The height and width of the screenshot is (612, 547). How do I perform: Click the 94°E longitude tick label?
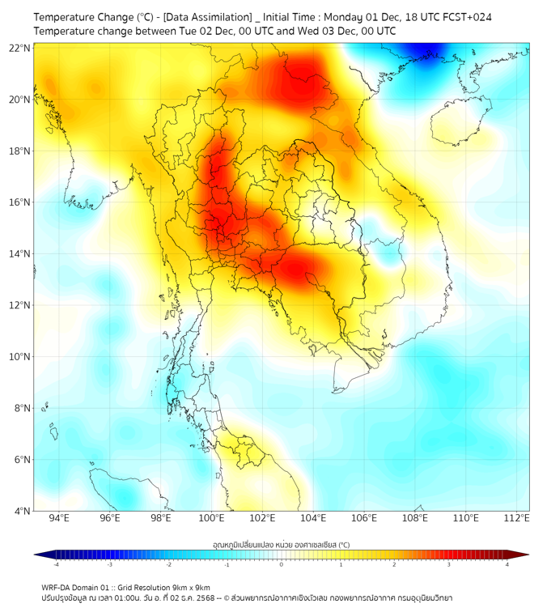[x=59, y=518]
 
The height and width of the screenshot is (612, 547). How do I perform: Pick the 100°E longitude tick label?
[x=212, y=518]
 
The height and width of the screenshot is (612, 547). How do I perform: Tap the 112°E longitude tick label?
[x=517, y=518]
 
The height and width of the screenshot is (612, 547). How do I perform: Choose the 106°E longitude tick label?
[x=365, y=518]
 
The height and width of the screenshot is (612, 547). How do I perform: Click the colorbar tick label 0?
[x=282, y=565]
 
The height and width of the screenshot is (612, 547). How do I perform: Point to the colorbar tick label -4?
[x=55, y=565]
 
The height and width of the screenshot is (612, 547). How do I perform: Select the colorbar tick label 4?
[x=507, y=565]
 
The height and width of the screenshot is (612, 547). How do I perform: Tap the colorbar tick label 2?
[x=394, y=565]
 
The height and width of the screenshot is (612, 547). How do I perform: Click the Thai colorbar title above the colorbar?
[x=281, y=544]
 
